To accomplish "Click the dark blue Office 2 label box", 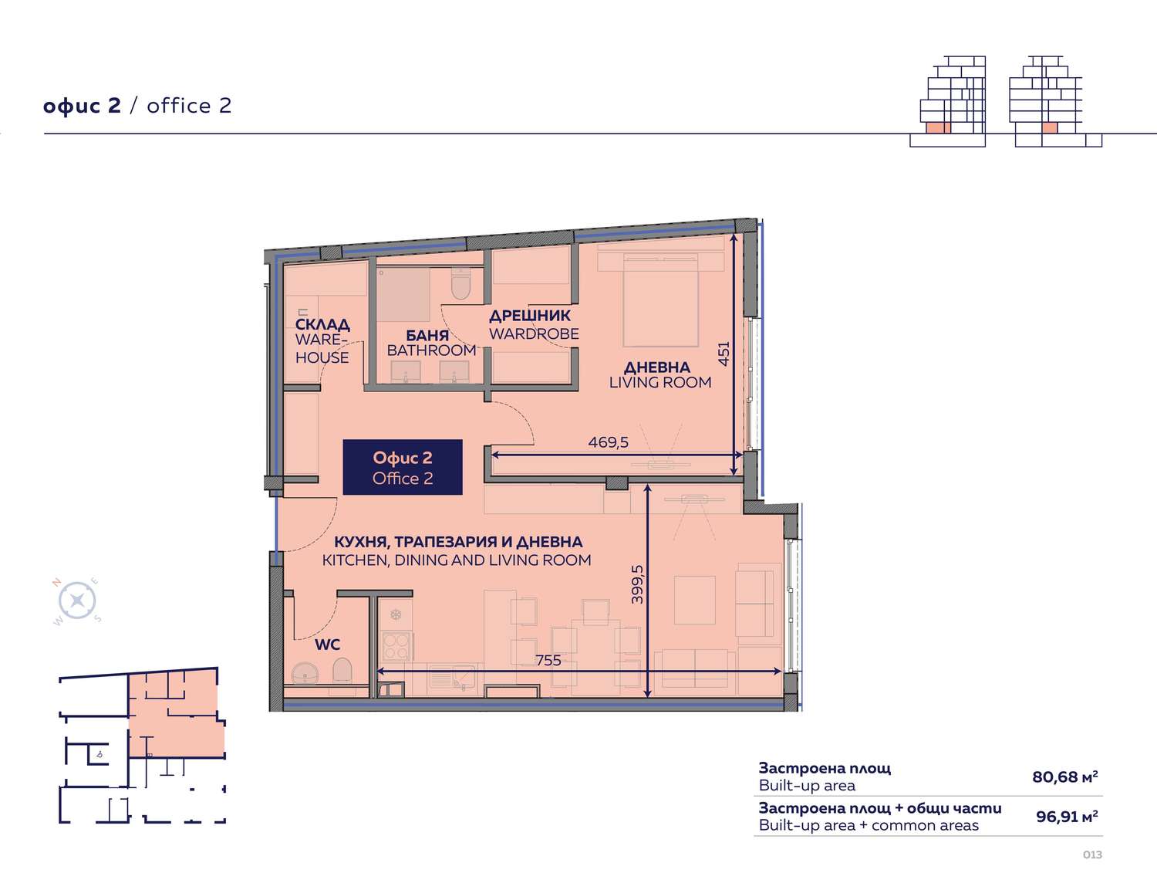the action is (x=403, y=467).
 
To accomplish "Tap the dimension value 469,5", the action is (x=608, y=442).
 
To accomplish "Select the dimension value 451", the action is (x=724, y=353).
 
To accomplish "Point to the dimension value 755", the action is (x=548, y=661).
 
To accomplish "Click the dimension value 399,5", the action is (x=637, y=584).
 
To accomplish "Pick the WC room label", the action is (x=328, y=645).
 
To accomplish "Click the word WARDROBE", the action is (x=534, y=334).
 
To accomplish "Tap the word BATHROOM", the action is (x=431, y=350).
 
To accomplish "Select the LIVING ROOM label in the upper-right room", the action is (x=660, y=382).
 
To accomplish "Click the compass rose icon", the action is (x=77, y=601).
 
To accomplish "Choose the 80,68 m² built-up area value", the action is (x=1065, y=777).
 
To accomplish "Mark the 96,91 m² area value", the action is (x=1067, y=817).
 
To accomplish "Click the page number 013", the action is (x=1092, y=854).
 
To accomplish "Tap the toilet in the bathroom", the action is (x=460, y=283).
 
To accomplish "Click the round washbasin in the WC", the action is (x=305, y=673).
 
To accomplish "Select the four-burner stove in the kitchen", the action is (x=396, y=646).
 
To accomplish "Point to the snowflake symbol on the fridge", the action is (x=396, y=615).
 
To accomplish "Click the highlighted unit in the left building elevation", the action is (x=938, y=128).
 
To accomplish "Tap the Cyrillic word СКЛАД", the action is (x=322, y=324).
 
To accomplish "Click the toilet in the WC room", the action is (x=342, y=670).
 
